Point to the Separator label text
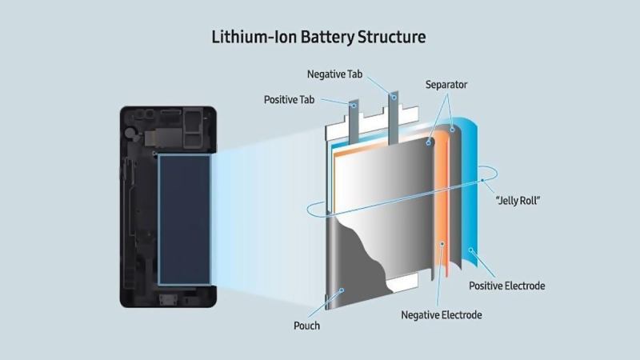pyautogui.click(x=446, y=84)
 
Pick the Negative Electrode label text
pyautogui.click(x=442, y=314)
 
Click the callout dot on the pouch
pyautogui.click(x=342, y=292)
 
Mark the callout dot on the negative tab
pyautogui.click(x=394, y=97)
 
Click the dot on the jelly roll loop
pyautogui.click(x=482, y=182)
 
